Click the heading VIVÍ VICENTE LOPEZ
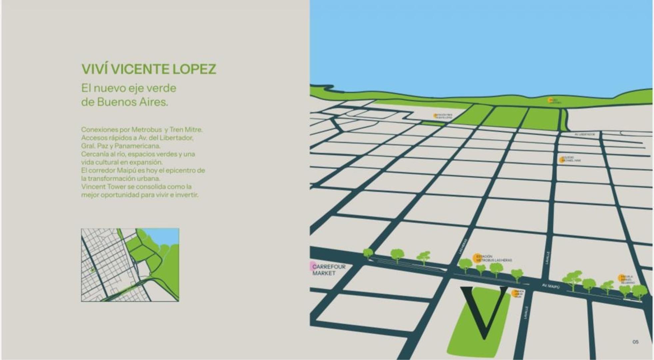coord(149,69)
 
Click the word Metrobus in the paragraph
coord(147,129)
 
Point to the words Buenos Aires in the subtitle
coord(132,102)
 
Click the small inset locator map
coord(130,265)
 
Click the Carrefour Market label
coord(329,270)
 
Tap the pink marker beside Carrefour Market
coord(313,266)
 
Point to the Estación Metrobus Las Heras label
coord(494,258)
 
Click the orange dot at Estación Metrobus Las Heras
coord(476,258)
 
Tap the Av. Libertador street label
coord(584,134)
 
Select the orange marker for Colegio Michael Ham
coord(562,160)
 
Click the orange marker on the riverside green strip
coord(550,100)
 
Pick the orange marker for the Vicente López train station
coord(435,116)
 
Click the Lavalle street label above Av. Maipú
coord(547,258)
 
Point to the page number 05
coord(635,342)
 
